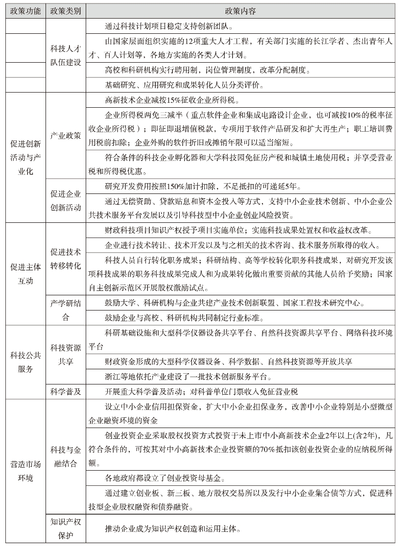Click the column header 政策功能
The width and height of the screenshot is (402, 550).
[x=25, y=11]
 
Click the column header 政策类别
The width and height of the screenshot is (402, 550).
[x=66, y=11]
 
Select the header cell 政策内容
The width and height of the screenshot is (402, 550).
[x=240, y=11]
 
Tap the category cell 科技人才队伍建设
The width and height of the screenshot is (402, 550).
[x=66, y=55]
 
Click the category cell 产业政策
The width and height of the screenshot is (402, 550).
[x=66, y=135]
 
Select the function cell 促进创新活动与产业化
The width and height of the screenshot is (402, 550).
[x=25, y=158]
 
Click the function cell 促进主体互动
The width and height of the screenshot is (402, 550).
[x=25, y=274]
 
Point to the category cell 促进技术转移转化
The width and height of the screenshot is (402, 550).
[x=66, y=259]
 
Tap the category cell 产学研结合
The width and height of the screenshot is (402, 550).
[x=66, y=310]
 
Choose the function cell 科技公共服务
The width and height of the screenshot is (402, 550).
[x=25, y=361]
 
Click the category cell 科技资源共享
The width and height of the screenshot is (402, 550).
[x=66, y=354]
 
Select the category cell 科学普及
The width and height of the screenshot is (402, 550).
[x=66, y=391]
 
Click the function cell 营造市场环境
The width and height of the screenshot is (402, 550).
[x=25, y=471]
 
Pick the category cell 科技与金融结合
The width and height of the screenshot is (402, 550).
[x=66, y=456]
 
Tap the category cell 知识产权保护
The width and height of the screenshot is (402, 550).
[x=66, y=528]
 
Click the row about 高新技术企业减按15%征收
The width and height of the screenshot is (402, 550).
[x=171, y=100]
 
